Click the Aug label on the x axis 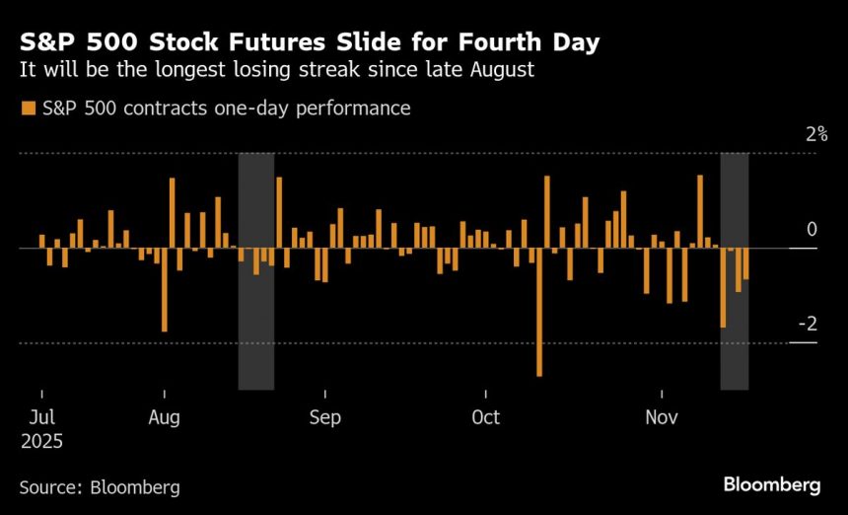(164, 417)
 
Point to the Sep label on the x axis (324, 417)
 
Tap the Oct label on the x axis (485, 417)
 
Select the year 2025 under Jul (41, 442)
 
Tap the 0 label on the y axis (812, 229)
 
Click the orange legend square (25, 109)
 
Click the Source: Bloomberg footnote (100, 487)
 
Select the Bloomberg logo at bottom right (772, 484)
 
